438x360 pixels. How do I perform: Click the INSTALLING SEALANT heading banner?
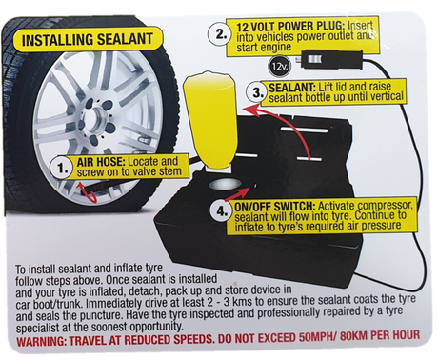point(88,40)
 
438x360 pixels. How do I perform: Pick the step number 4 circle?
point(222,211)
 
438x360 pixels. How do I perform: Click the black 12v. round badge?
point(279,67)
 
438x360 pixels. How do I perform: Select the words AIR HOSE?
point(101,162)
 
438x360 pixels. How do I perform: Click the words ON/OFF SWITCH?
point(275,207)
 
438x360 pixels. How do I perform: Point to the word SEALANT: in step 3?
point(292,88)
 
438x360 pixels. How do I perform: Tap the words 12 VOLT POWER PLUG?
point(290,27)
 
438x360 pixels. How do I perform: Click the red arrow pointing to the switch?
point(237,194)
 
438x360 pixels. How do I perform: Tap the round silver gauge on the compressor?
point(224,184)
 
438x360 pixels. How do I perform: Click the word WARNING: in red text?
point(41,342)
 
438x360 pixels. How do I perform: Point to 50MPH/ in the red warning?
point(318,337)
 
